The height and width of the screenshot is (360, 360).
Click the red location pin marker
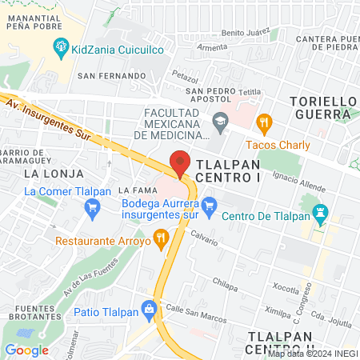tap(181, 162)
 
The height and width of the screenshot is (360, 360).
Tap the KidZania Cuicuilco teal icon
tap(61, 49)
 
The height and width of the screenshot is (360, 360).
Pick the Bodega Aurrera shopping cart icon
tap(209, 205)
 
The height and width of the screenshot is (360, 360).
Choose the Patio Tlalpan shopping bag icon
tap(148, 308)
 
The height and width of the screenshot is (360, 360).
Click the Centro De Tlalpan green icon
tap(321, 214)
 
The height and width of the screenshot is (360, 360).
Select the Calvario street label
tap(205, 238)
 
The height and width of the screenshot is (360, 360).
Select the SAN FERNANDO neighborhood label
tap(111, 75)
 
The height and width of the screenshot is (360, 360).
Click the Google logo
tap(26, 350)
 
